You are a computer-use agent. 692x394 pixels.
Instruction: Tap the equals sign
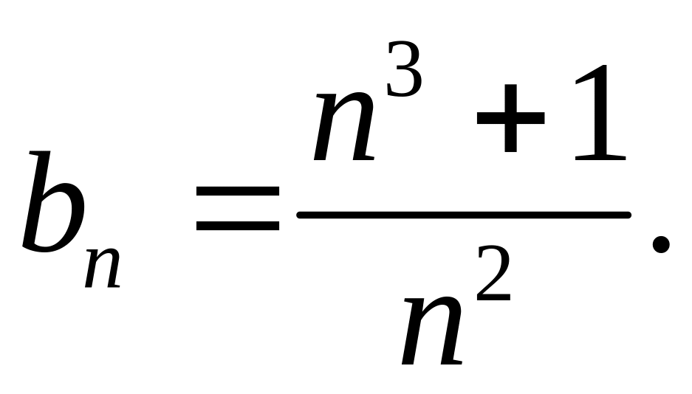[x=238, y=209]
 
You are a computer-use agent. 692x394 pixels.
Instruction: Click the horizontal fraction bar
[x=464, y=215]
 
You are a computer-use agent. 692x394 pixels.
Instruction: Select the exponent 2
[x=493, y=274]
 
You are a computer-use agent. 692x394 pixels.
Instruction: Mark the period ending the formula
[x=660, y=243]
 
